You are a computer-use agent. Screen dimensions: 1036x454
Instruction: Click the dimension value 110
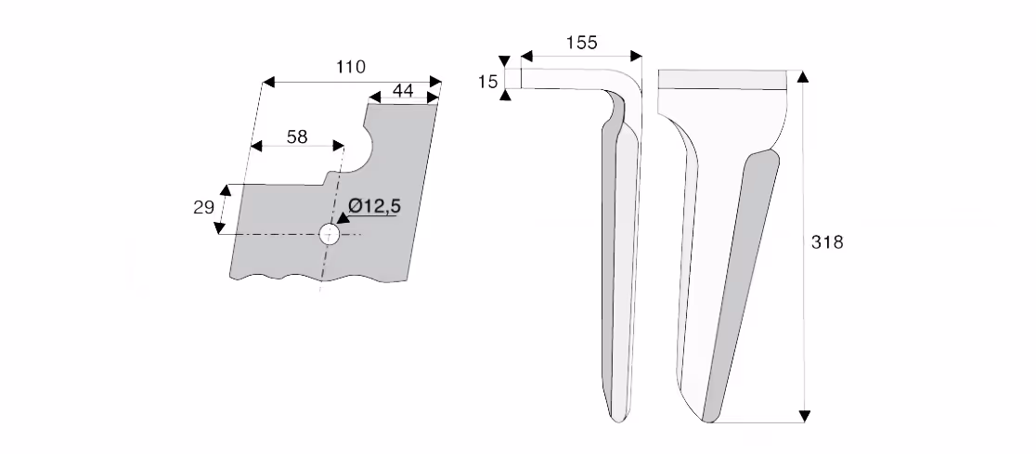351,67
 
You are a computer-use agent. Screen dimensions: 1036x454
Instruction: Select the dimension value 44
403,91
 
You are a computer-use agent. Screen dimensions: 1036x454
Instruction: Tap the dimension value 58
297,136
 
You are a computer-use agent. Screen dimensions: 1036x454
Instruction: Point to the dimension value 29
203,208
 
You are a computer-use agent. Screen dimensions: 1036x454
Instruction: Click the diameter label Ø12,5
375,206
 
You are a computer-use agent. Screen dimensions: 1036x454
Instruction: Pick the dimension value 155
581,43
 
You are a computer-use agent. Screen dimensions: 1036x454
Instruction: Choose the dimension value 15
487,82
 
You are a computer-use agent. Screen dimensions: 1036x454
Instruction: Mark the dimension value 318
827,242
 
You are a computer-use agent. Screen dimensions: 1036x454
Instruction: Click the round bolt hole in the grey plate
329,234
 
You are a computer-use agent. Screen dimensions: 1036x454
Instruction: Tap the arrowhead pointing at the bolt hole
342,220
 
